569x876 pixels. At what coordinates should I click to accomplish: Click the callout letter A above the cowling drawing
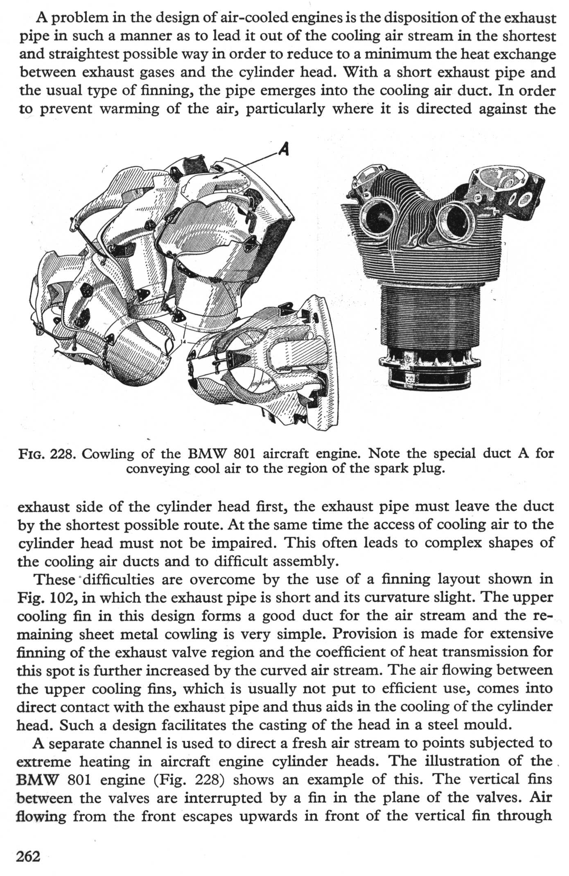(x=283, y=149)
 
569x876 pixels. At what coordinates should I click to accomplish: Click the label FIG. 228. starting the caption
(x=47, y=454)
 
